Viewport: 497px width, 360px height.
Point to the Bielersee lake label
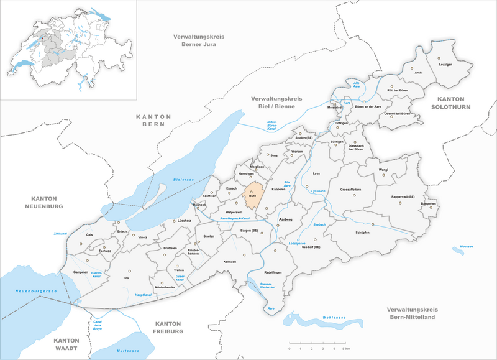(x=183, y=178)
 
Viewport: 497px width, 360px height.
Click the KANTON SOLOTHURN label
(x=454, y=103)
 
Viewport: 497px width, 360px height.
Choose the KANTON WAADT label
(x=72, y=345)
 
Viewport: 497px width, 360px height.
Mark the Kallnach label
(x=230, y=262)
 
